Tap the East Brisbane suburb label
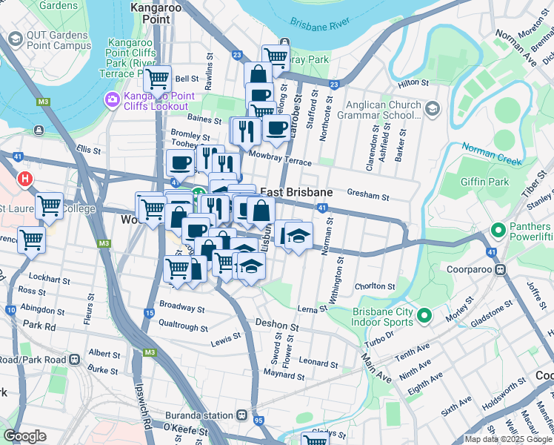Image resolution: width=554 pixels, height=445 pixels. point(296,192)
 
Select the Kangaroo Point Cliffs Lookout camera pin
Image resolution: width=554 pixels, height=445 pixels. point(113,99)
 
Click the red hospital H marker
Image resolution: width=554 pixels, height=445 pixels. point(25,179)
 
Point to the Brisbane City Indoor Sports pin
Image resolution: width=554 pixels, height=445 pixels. point(424,317)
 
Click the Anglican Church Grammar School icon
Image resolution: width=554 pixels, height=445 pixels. point(433,110)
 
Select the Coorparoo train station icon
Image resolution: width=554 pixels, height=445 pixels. point(501,269)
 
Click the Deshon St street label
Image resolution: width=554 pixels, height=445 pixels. point(277,325)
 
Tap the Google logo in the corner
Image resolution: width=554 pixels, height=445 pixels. point(24,436)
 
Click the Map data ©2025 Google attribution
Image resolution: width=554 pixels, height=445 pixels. point(508,439)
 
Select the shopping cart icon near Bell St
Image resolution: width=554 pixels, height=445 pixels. point(157,78)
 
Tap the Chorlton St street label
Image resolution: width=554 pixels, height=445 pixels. point(375,286)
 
